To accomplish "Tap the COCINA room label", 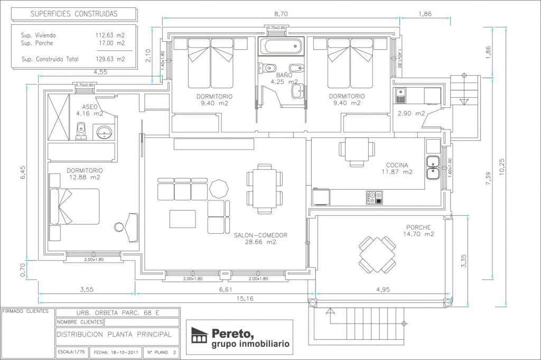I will pyautogui.click(x=396, y=165).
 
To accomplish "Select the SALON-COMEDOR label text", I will pyautogui.click(x=260, y=235).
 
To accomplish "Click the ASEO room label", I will pyautogui.click(x=89, y=106).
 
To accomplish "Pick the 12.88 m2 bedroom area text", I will pyautogui.click(x=84, y=178).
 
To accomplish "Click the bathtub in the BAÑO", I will pyautogui.click(x=281, y=46).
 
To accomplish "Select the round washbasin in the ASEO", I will pyautogui.click(x=104, y=131).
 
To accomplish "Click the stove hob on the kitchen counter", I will pyautogui.click(x=374, y=197).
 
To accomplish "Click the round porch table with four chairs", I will pyautogui.click(x=377, y=254).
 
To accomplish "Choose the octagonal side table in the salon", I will pyautogui.click(x=218, y=188).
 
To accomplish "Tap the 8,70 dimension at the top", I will pyautogui.click(x=281, y=14).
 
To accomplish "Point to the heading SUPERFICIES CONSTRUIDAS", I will pyautogui.click(x=74, y=14).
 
